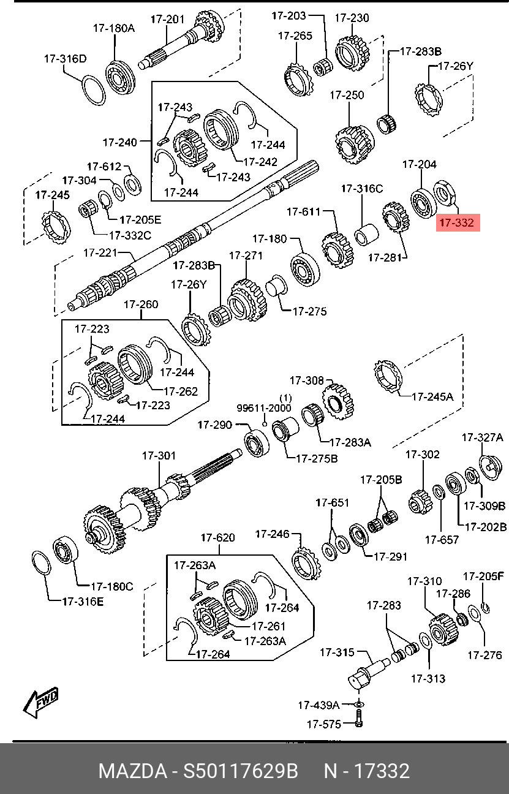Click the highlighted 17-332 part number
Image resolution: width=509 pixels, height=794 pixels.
click(x=457, y=223)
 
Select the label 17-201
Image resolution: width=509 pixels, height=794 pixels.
click(x=167, y=20)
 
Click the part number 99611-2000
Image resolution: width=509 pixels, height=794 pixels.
click(x=264, y=408)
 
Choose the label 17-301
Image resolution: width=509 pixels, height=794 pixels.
click(x=159, y=456)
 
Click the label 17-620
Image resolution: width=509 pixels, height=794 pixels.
click(x=217, y=538)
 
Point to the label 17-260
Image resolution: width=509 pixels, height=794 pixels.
click(x=141, y=304)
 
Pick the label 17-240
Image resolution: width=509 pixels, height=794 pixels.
click(x=119, y=143)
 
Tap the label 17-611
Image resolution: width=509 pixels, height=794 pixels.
click(x=304, y=212)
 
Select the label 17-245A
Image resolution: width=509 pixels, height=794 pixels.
click(x=432, y=396)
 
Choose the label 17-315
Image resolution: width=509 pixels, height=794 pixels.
click(x=337, y=652)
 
